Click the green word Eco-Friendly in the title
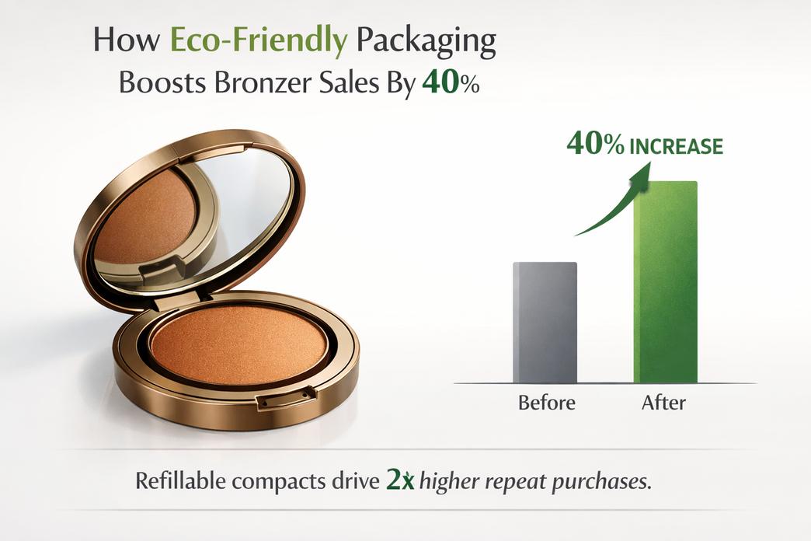[x=258, y=41]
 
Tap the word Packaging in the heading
[x=426, y=41]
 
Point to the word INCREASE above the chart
[x=676, y=146]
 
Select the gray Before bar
[x=545, y=323]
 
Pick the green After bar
[x=665, y=282]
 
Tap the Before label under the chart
[x=547, y=403]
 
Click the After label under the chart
[x=663, y=403]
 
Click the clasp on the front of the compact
[x=286, y=398]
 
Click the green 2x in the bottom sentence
[x=400, y=481]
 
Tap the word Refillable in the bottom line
[x=180, y=481]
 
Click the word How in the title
[x=127, y=40]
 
